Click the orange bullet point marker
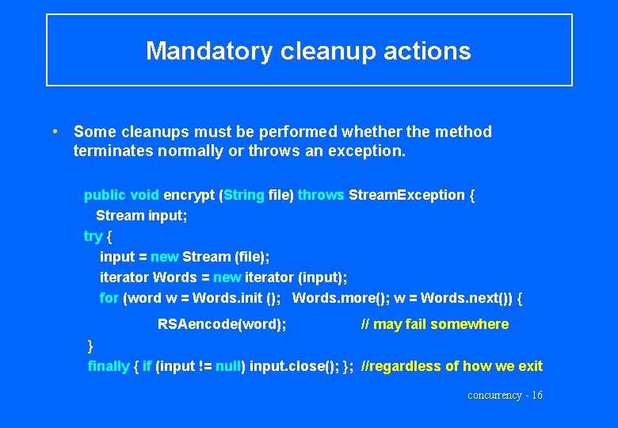coord(54,131)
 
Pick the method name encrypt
coord(189,195)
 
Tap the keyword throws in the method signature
coord(321,195)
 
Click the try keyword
coord(93,236)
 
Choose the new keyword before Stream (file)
coord(164,257)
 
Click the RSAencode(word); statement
coord(222,323)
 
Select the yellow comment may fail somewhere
coord(434,323)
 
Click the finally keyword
coord(109,365)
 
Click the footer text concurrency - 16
coord(505,396)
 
